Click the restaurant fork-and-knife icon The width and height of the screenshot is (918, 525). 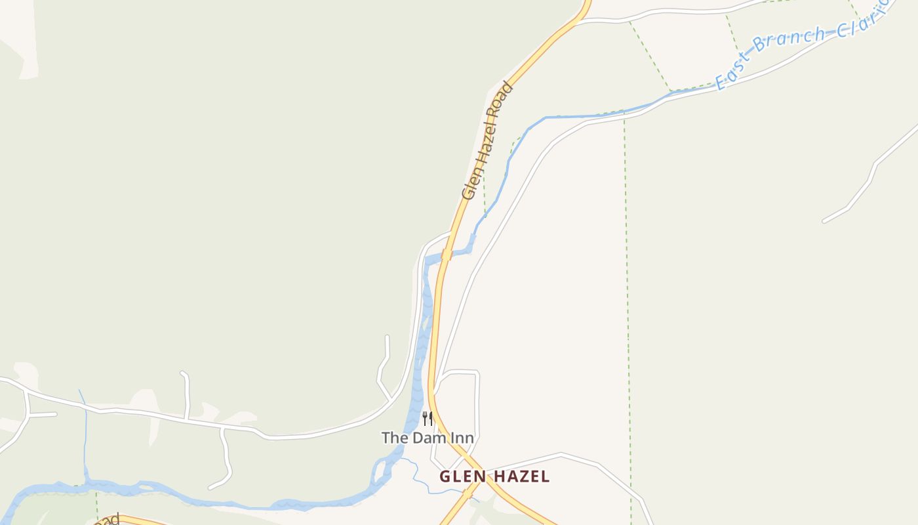[428, 418]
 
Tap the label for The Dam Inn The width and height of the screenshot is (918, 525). [428, 437]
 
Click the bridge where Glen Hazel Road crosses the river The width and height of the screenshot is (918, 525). [446, 255]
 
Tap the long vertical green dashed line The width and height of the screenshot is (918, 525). [627, 295]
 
